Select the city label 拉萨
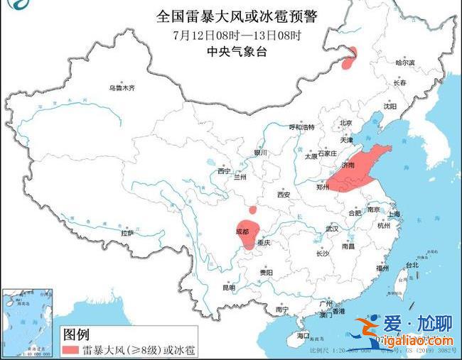[x=127, y=233]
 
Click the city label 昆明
[x=229, y=288]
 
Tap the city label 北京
[x=345, y=122]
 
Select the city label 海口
[x=304, y=334]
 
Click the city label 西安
[x=284, y=194]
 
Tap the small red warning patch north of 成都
[x=252, y=210]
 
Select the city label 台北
[x=412, y=265]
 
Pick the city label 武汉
[x=331, y=229]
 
